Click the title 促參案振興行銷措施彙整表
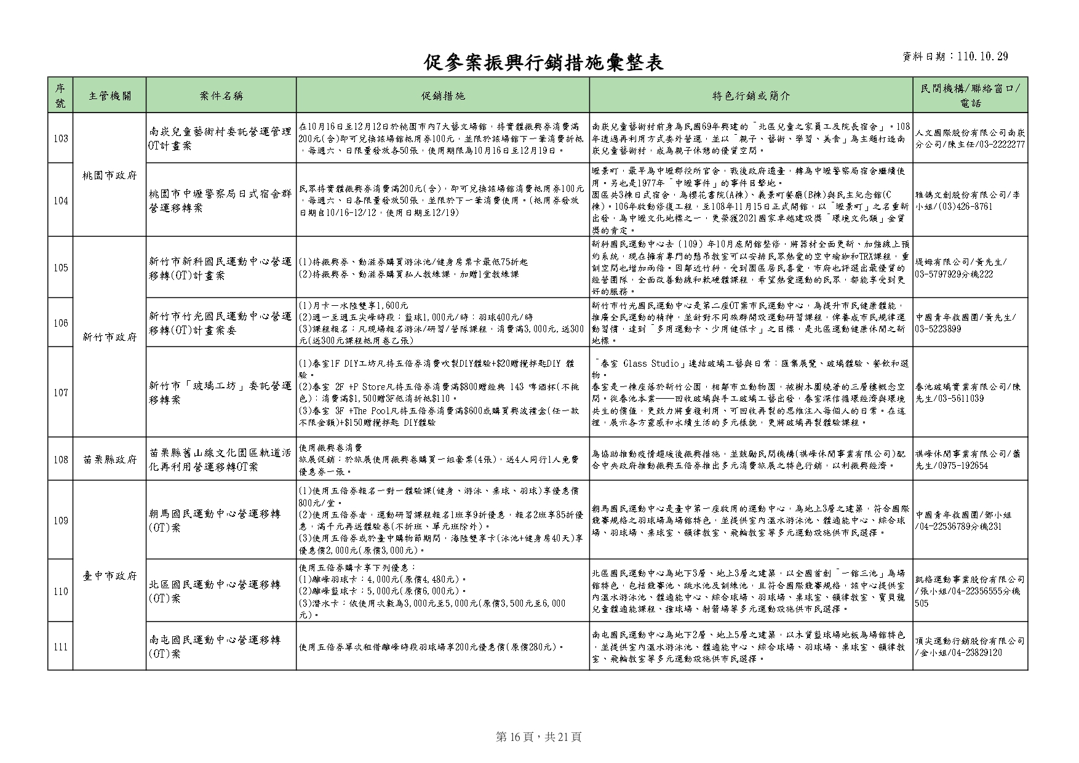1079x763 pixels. [544, 62]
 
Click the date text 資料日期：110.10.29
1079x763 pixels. [955, 57]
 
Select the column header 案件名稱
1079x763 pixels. [221, 95]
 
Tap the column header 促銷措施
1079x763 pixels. [443, 95]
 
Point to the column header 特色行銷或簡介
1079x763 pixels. [751, 95]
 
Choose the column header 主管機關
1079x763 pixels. [109, 95]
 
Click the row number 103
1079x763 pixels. [60, 138]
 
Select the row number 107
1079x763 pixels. [60, 393]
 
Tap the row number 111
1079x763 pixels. [60, 647]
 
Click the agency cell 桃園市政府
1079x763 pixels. [109, 175]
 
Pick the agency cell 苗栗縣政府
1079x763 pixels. [109, 460]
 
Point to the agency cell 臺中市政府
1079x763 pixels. [109, 576]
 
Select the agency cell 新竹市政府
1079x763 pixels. [109, 337]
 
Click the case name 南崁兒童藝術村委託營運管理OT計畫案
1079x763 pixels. [221, 138]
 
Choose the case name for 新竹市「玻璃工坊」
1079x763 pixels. [221, 393]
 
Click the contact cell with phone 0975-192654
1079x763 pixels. [970, 460]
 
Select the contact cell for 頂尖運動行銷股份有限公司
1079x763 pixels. [970, 647]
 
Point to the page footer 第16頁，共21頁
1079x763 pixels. [538, 737]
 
